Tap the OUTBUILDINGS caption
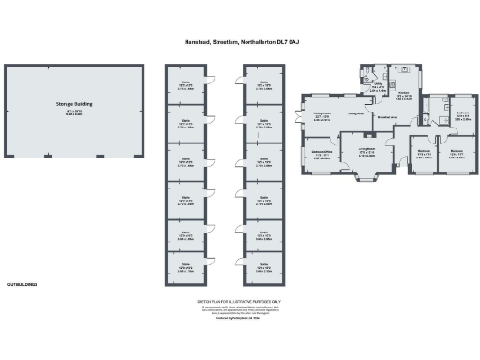coord(22,282)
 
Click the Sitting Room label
coord(321,116)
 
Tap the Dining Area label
coord(355,115)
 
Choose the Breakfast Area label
coord(386,118)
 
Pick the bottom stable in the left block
coord(186,267)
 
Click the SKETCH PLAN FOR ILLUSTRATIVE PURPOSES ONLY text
coord(239,303)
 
